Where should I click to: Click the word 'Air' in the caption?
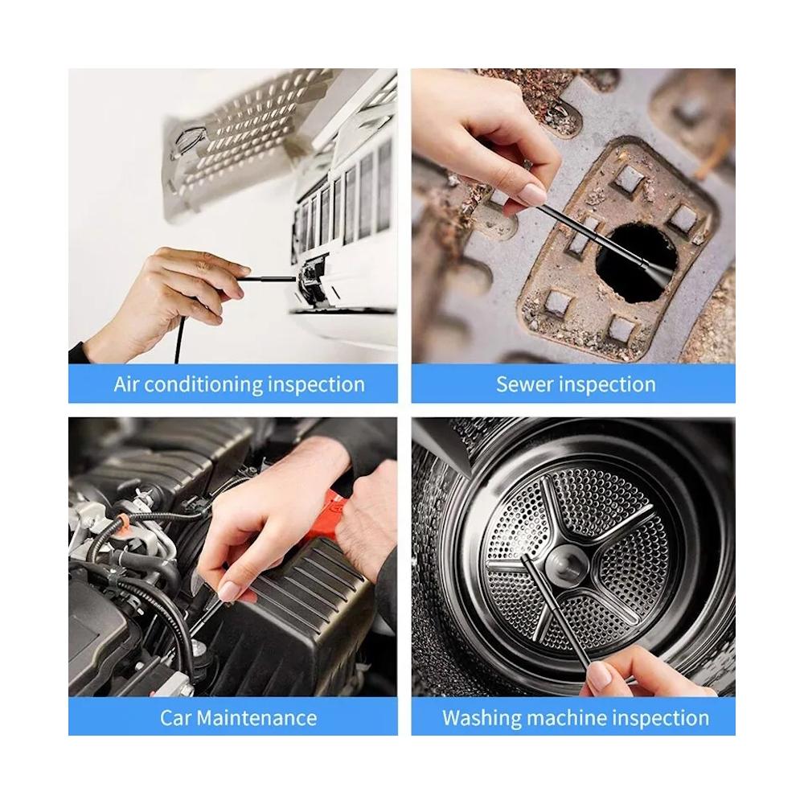125,384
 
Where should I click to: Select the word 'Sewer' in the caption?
524,384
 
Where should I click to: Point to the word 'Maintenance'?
256,717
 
